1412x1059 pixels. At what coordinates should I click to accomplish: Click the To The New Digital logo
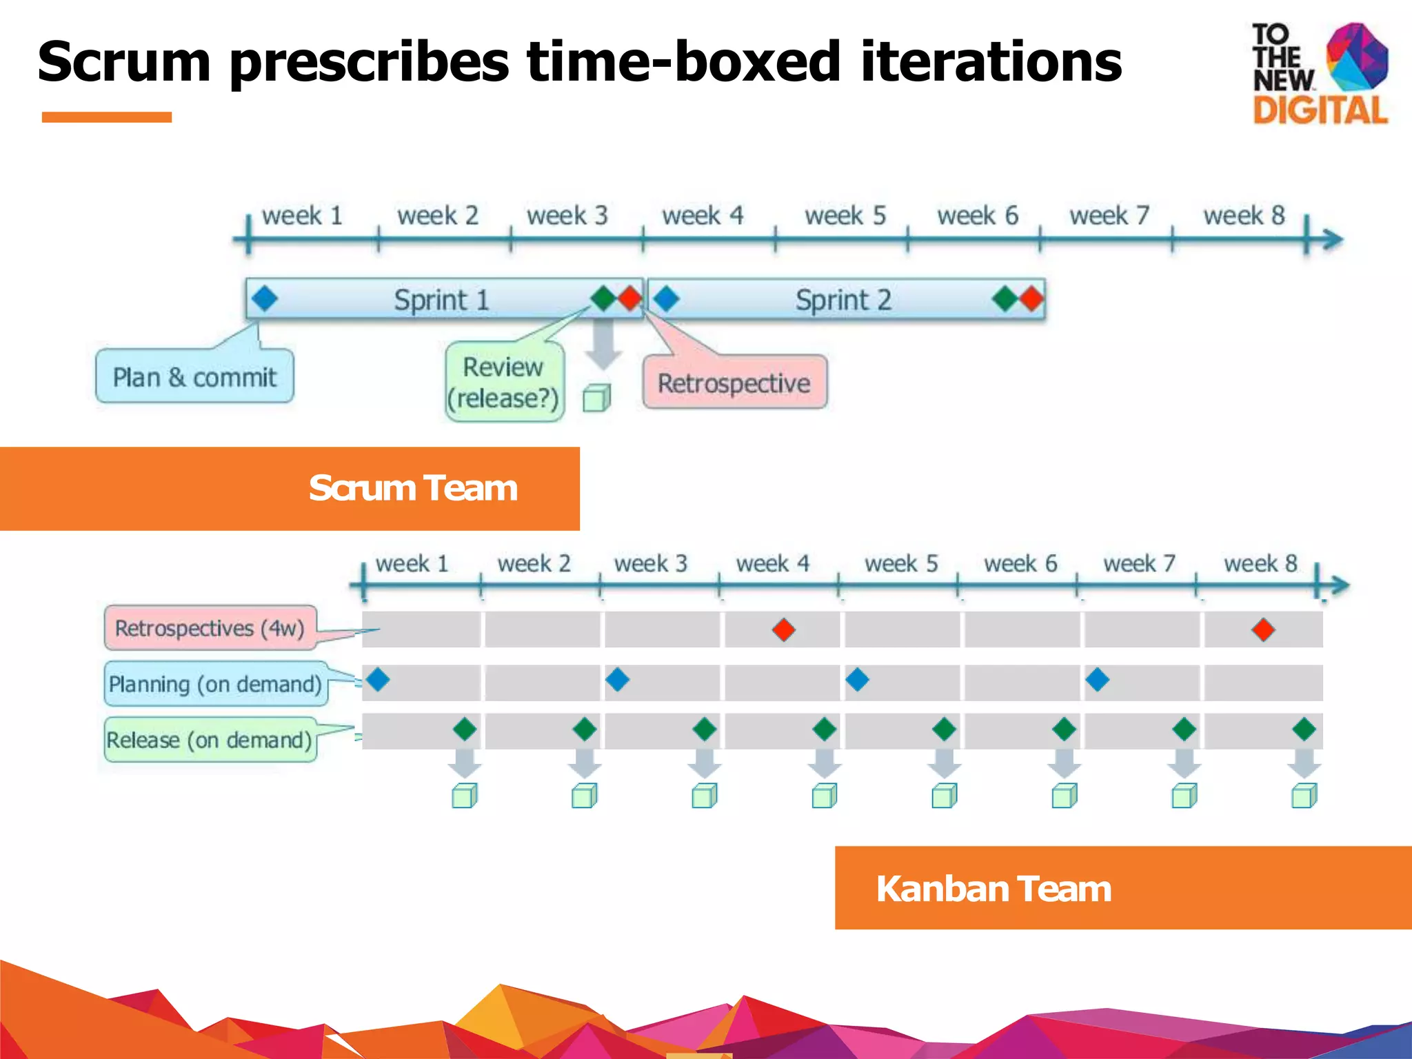1319,74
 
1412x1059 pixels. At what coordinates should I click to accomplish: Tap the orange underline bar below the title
106,117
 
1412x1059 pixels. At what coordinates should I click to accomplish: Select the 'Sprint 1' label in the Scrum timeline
441,300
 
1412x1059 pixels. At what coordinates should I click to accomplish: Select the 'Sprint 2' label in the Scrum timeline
843,300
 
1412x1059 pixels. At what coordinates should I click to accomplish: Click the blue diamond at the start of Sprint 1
264,299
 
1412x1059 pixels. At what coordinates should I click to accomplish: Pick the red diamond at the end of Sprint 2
1031,299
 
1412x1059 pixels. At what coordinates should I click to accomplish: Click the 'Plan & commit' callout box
194,377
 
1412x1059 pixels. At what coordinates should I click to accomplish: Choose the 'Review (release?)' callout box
504,383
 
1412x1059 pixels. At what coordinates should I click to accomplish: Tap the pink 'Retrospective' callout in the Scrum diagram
734,383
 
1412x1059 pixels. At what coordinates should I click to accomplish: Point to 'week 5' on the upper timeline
845,216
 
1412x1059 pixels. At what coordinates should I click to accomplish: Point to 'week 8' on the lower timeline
1260,563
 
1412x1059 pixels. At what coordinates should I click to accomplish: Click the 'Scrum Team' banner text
413,488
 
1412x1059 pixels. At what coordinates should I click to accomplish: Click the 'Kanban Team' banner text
994,888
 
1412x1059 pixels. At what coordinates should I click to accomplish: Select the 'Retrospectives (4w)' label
210,628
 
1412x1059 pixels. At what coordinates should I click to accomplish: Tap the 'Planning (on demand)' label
215,684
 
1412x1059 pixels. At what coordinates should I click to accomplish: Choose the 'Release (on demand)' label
210,740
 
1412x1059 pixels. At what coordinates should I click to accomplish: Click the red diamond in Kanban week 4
784,629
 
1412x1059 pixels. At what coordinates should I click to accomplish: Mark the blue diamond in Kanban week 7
1097,680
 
